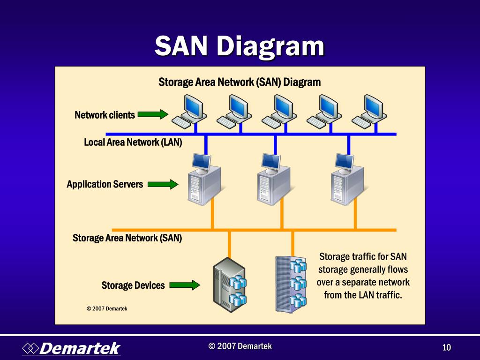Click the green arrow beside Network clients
click(x=153, y=114)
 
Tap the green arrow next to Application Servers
click(x=163, y=184)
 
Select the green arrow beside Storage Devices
click(x=185, y=285)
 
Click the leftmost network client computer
click(x=188, y=112)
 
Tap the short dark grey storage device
click(x=229, y=285)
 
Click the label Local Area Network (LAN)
click(x=133, y=142)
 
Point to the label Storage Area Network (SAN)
click(x=127, y=238)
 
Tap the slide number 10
click(x=446, y=347)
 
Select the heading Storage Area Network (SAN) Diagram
click(x=240, y=82)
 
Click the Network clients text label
click(x=105, y=115)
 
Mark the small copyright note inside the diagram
click(x=107, y=308)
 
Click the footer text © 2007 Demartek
click(x=240, y=346)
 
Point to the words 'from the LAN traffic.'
click(x=363, y=295)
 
